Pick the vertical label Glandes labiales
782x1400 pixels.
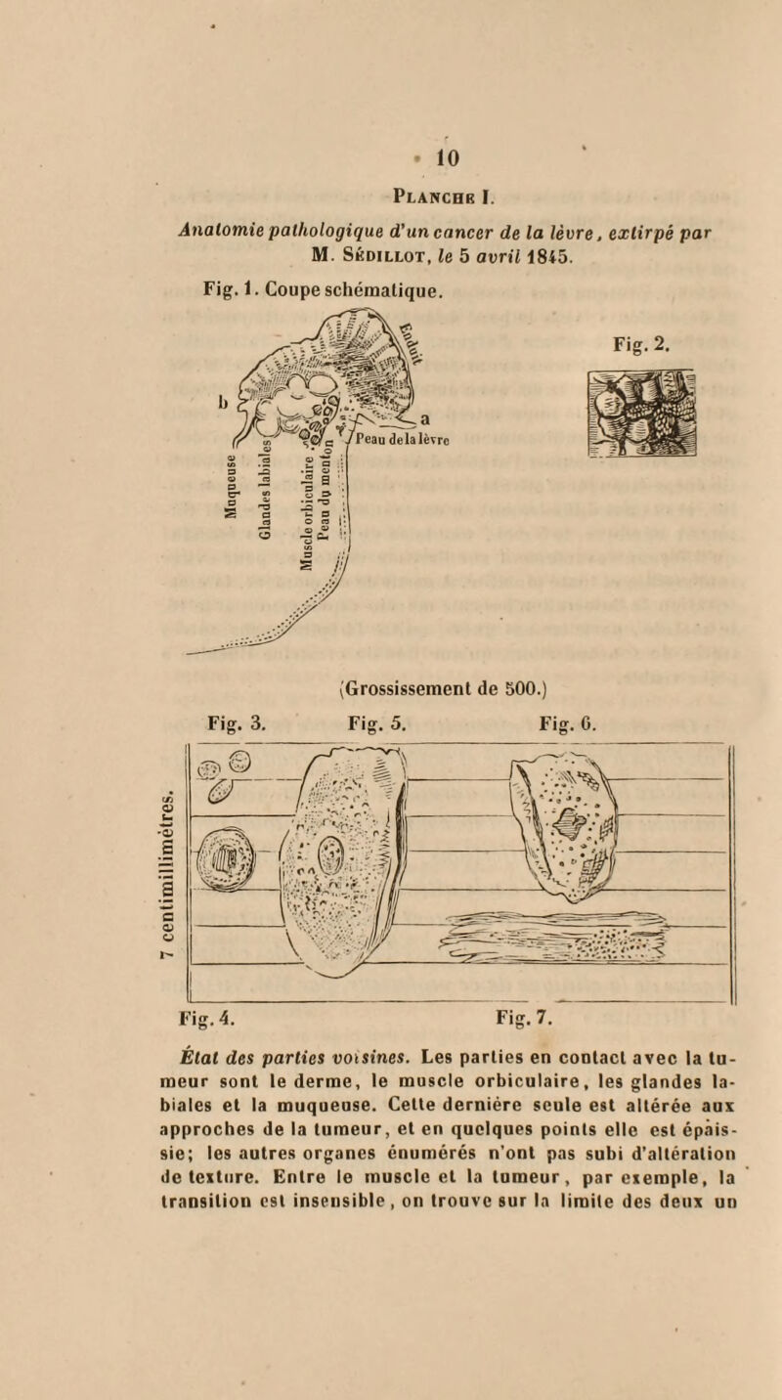(x=266, y=468)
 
